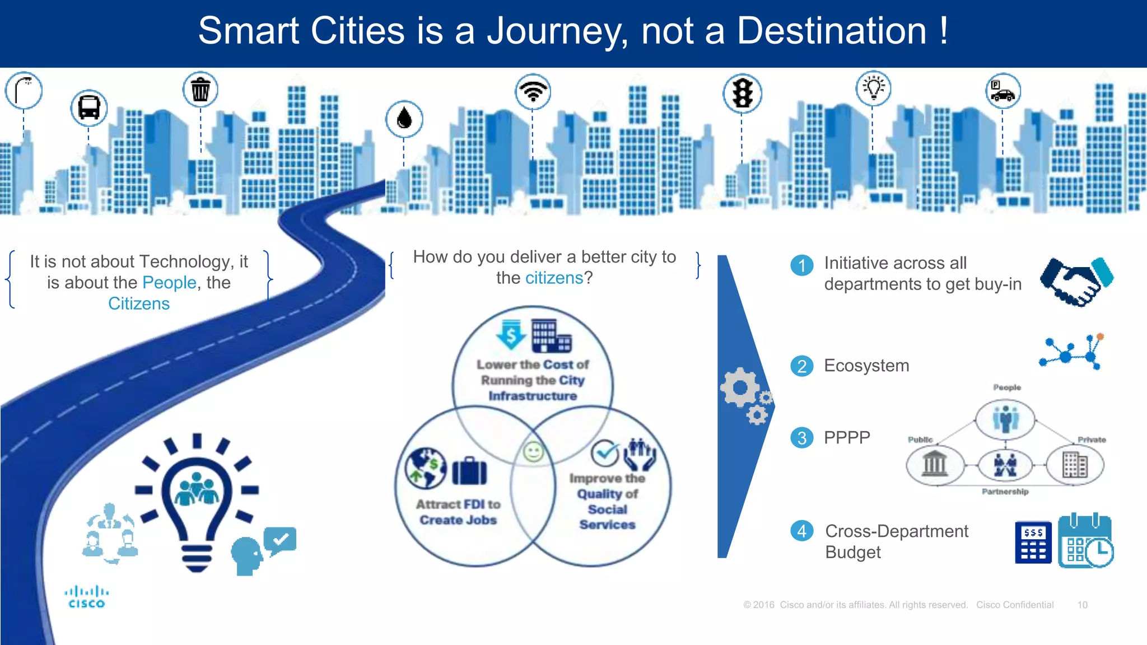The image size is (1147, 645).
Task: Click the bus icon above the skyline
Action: [x=89, y=107]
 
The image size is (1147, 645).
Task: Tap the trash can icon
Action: [x=201, y=90]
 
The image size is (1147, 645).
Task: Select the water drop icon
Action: [x=404, y=119]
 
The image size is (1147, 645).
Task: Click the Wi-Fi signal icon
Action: [x=533, y=91]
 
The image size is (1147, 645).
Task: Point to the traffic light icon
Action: [x=742, y=93]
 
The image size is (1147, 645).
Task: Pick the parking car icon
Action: [x=1003, y=91]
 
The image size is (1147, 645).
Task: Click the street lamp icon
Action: [x=24, y=90]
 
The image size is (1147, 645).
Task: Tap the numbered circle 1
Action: [x=801, y=265]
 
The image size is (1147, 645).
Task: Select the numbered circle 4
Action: [x=801, y=531]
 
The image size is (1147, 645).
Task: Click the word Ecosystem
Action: [x=866, y=366]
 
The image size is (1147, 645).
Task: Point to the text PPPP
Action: [x=847, y=437]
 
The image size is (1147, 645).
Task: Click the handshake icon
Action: [x=1076, y=282]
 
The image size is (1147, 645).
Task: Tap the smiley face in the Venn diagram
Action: [x=533, y=452]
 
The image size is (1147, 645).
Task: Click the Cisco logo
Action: [x=86, y=597]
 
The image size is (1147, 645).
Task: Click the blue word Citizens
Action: [x=139, y=303]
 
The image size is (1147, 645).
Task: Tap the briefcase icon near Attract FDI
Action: [x=469, y=471]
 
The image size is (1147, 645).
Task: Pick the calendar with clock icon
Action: [x=1085, y=541]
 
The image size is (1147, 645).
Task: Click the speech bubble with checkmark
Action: [x=280, y=540]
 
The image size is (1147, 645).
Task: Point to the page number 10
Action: [x=1082, y=605]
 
